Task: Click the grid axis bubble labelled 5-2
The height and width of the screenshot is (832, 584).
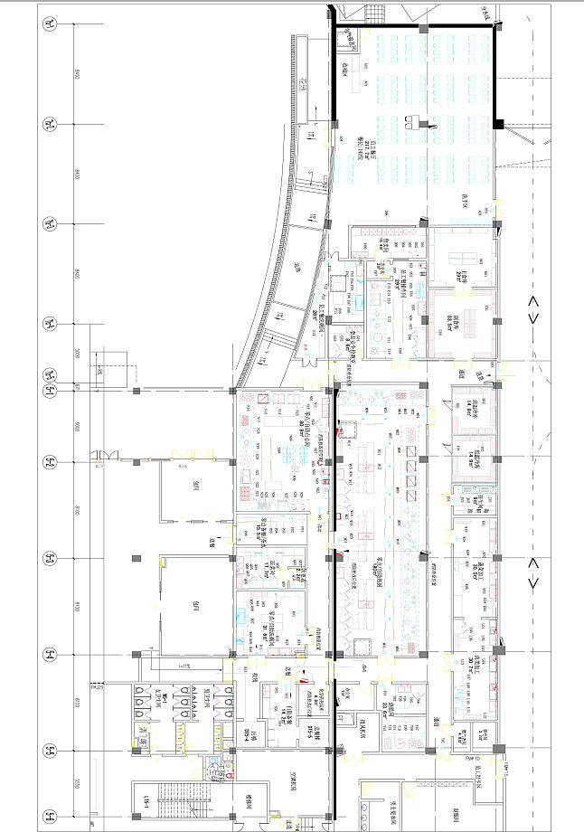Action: (x=51, y=463)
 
